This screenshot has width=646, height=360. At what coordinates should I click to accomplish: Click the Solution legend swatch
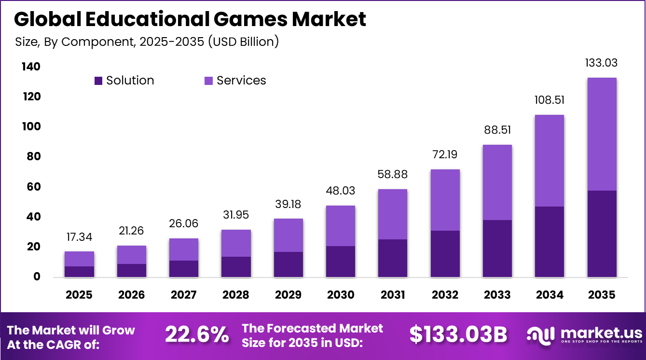coord(98,81)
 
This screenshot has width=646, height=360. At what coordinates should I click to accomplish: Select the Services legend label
coord(241,81)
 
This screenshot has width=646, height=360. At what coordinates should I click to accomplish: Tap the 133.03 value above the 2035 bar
coord(602,63)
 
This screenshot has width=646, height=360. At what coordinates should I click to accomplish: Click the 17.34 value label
coord(79,237)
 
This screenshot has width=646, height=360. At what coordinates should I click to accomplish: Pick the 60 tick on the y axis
coord(32,187)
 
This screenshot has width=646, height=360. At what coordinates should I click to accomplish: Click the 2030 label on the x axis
coord(341,294)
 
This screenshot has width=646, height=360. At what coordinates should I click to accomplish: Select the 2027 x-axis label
coord(184,294)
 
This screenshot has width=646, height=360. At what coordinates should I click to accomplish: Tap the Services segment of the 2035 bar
coord(602,134)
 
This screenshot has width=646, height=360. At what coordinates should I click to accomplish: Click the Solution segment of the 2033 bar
coord(497,249)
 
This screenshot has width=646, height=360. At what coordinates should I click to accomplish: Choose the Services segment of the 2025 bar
coord(79,259)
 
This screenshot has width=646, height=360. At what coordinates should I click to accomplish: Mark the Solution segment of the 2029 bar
coord(289,264)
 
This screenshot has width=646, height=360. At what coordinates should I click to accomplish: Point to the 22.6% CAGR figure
coord(197,334)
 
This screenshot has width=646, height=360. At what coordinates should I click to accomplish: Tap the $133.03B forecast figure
coord(458,334)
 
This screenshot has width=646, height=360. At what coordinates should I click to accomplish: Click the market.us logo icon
coord(539,334)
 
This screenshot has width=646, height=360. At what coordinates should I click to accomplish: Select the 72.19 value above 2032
coord(445,155)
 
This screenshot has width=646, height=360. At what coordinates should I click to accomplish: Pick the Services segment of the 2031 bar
coord(393,214)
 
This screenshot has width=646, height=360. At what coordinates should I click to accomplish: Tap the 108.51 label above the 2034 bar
coord(550,100)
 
